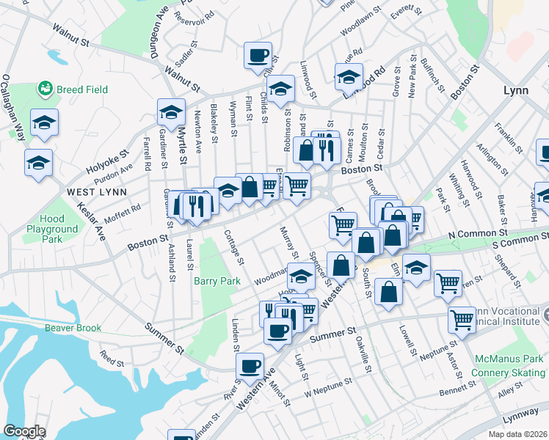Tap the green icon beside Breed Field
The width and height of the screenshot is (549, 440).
[x=45, y=89]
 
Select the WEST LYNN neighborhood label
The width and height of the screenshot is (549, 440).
[x=97, y=192]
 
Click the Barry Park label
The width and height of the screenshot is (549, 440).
[x=217, y=281]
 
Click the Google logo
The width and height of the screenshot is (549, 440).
[x=24, y=431]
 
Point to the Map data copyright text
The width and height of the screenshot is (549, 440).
[x=517, y=434]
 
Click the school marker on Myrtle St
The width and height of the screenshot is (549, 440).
[x=171, y=112]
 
